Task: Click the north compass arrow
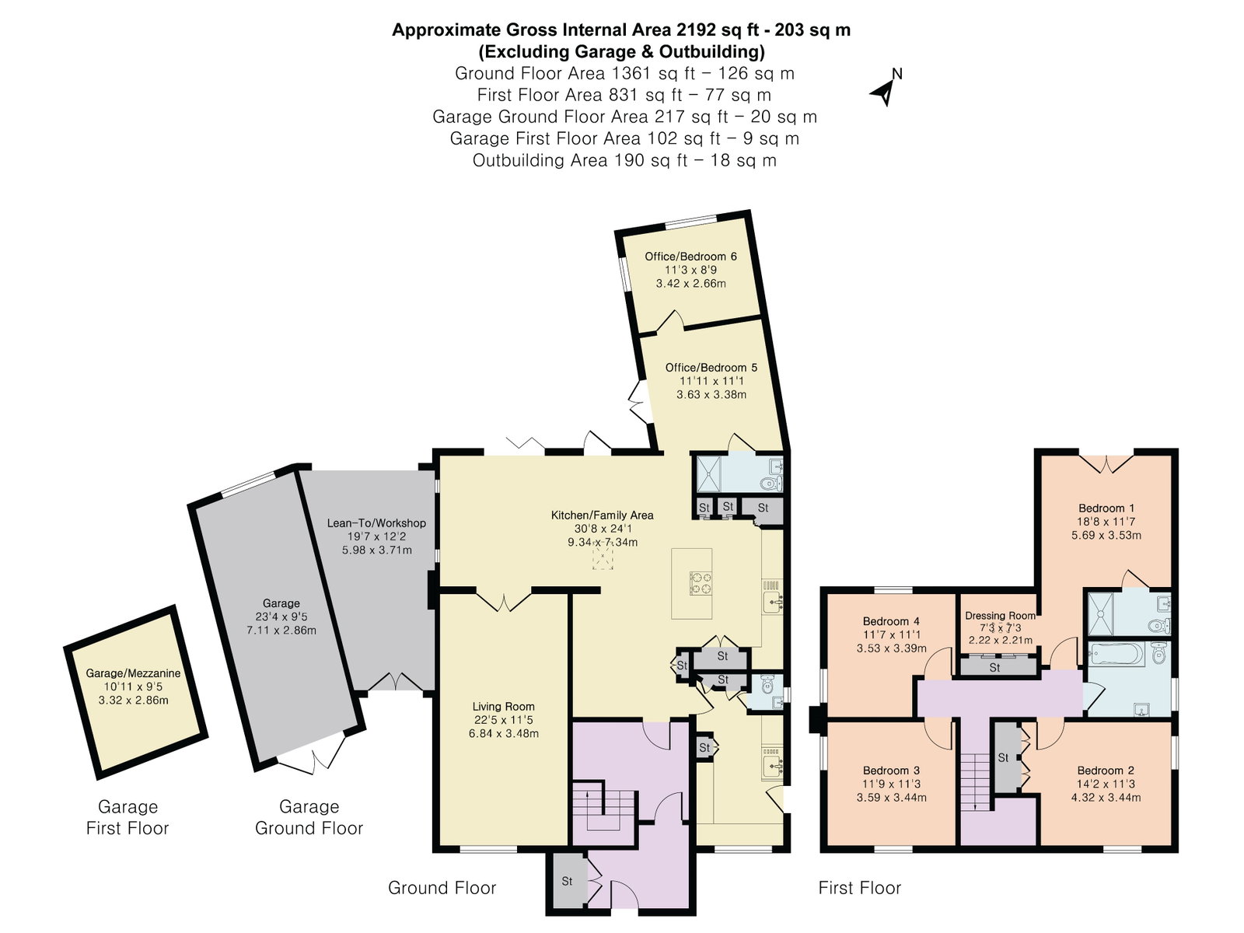(884, 93)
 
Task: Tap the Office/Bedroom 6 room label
(690, 256)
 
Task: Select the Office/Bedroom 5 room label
(711, 367)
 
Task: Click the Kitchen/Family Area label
(603, 515)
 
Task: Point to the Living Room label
(503, 707)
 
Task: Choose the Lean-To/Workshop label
(376, 522)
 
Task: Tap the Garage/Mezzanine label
(133, 673)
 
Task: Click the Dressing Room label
(1001, 615)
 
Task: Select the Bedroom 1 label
(1106, 508)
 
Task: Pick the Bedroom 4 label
(892, 621)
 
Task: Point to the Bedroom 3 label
(892, 771)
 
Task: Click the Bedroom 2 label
(1106, 771)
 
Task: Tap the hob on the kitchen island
(701, 583)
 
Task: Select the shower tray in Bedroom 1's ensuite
(1099, 614)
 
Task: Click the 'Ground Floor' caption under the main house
(442, 888)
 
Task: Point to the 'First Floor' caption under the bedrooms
(860, 888)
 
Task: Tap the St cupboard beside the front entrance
(567, 882)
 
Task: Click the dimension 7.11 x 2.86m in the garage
(281, 630)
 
